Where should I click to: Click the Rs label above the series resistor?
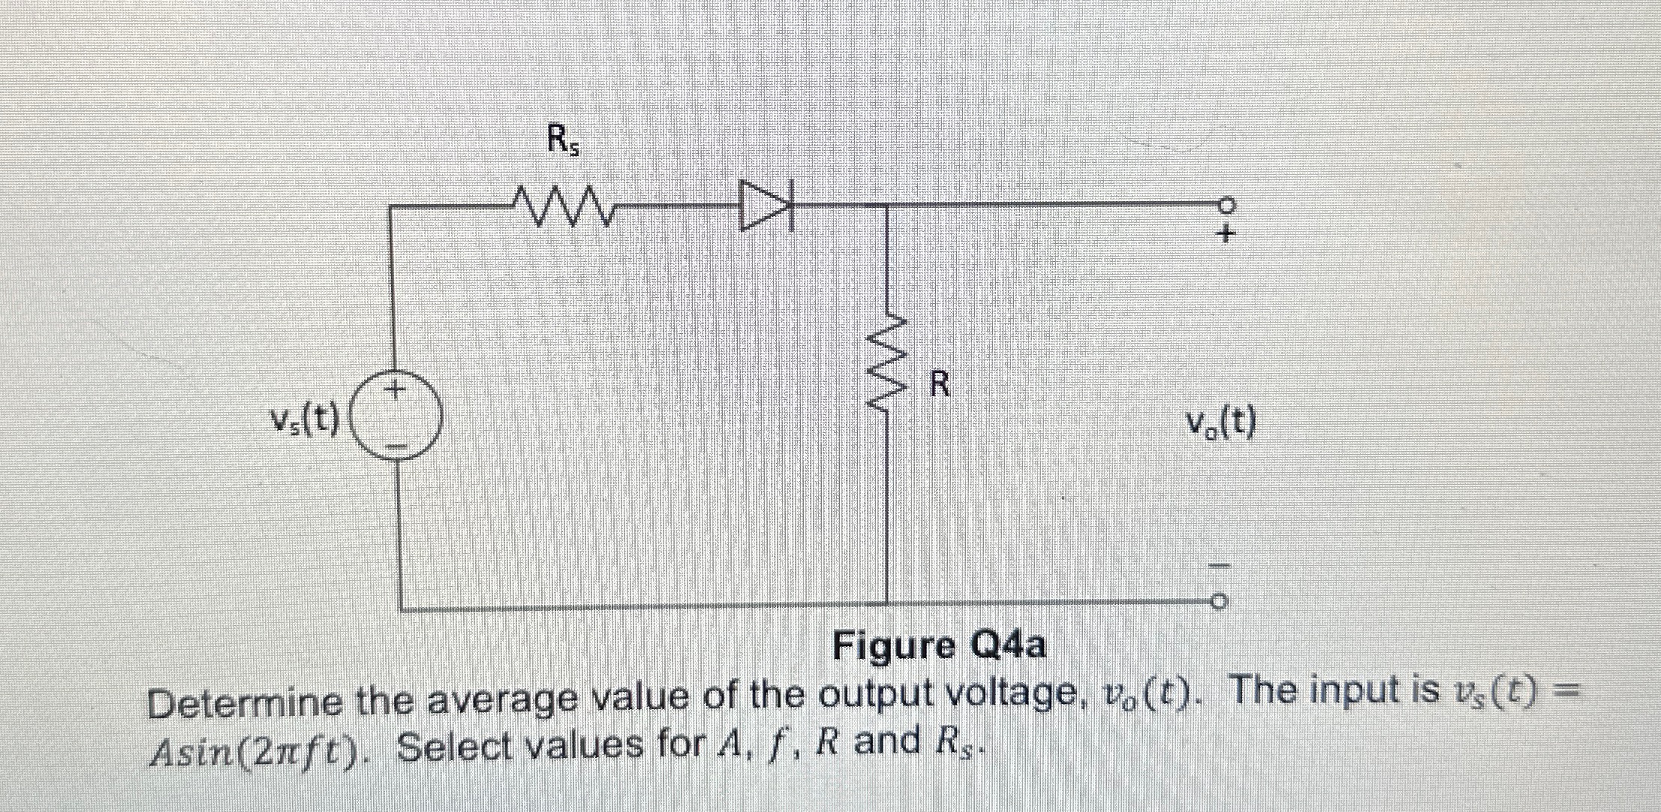[562, 140]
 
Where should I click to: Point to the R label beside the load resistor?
[940, 384]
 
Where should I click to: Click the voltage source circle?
[396, 420]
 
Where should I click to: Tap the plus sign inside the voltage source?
[395, 390]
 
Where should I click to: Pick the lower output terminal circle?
[1219, 602]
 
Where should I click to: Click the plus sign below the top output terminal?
[1225, 234]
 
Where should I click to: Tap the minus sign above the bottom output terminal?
[1220, 564]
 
